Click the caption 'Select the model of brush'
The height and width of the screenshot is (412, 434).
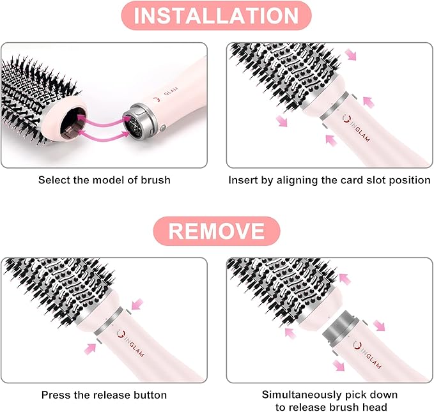click(104, 180)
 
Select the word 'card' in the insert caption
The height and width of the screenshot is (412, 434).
click(344, 180)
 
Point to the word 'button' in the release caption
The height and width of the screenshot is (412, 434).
click(150, 395)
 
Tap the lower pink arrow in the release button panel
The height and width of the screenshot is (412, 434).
click(91, 347)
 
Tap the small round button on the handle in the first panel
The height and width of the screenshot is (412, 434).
click(163, 128)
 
